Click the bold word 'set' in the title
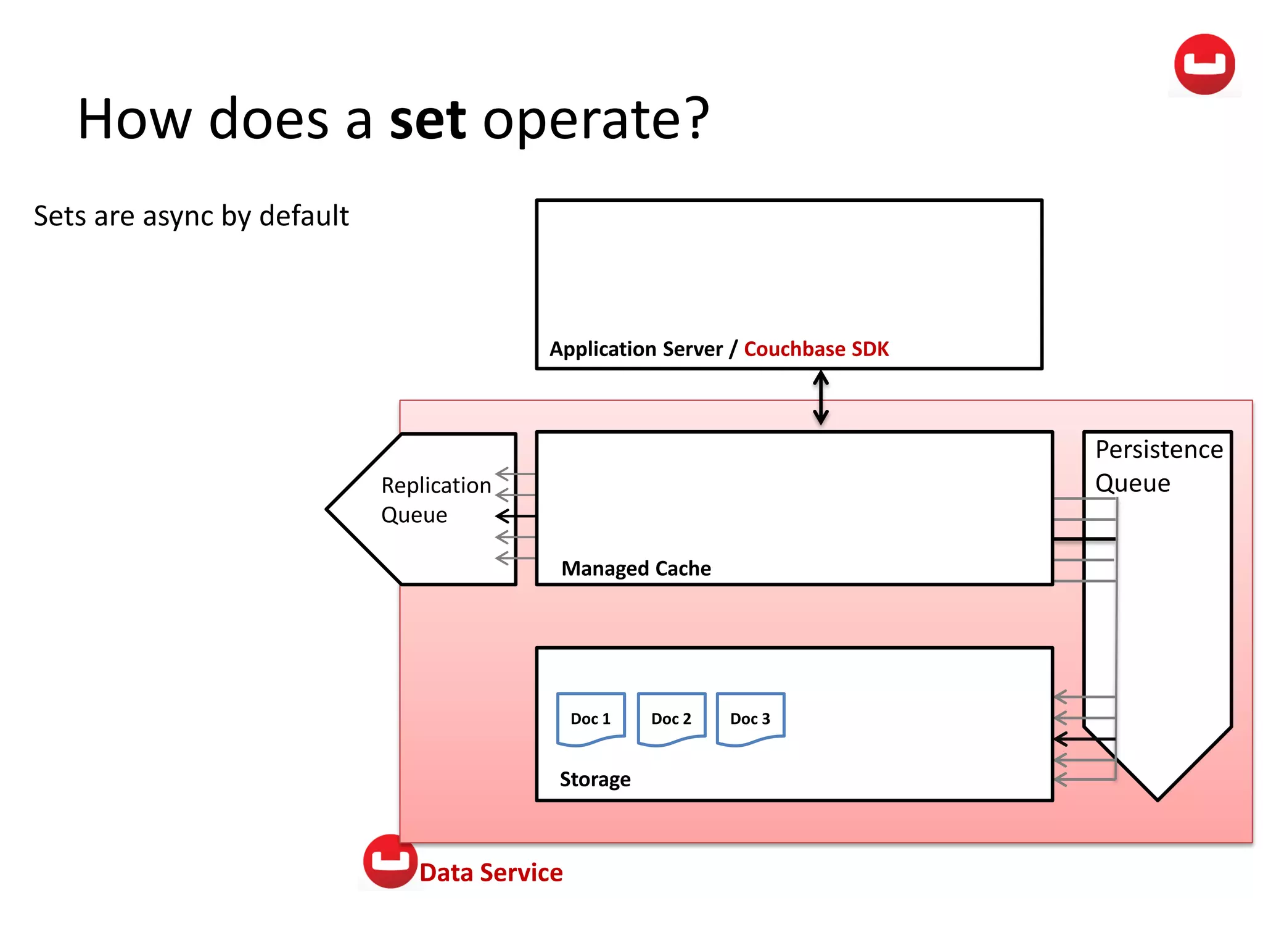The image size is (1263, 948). point(427,120)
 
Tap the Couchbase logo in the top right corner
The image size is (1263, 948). point(1204,64)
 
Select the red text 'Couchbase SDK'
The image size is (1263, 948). point(816,349)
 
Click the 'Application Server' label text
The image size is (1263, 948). point(636,349)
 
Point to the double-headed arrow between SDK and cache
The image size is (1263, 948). point(820,398)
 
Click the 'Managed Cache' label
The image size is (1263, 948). point(636,568)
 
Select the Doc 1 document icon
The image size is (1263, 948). point(590,719)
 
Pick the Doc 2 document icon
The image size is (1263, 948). point(671,719)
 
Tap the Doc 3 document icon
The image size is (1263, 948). point(750,719)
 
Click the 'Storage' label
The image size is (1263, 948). point(594,780)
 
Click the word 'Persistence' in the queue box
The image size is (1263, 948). point(1159,450)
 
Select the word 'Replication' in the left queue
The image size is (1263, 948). point(435,486)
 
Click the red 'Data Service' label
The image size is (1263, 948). point(491,873)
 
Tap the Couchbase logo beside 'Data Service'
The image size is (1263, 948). point(390,861)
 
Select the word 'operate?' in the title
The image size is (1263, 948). point(596,120)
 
